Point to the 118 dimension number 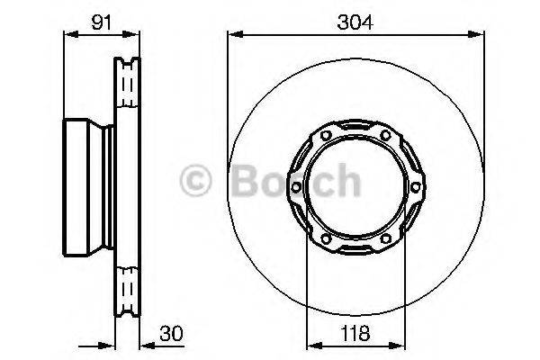click(x=354, y=333)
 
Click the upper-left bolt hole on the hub click(x=324, y=137)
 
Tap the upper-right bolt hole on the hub click(x=385, y=137)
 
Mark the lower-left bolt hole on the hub click(x=324, y=238)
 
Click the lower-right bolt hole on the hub click(x=385, y=238)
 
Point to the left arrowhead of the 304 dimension click(x=232, y=35)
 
